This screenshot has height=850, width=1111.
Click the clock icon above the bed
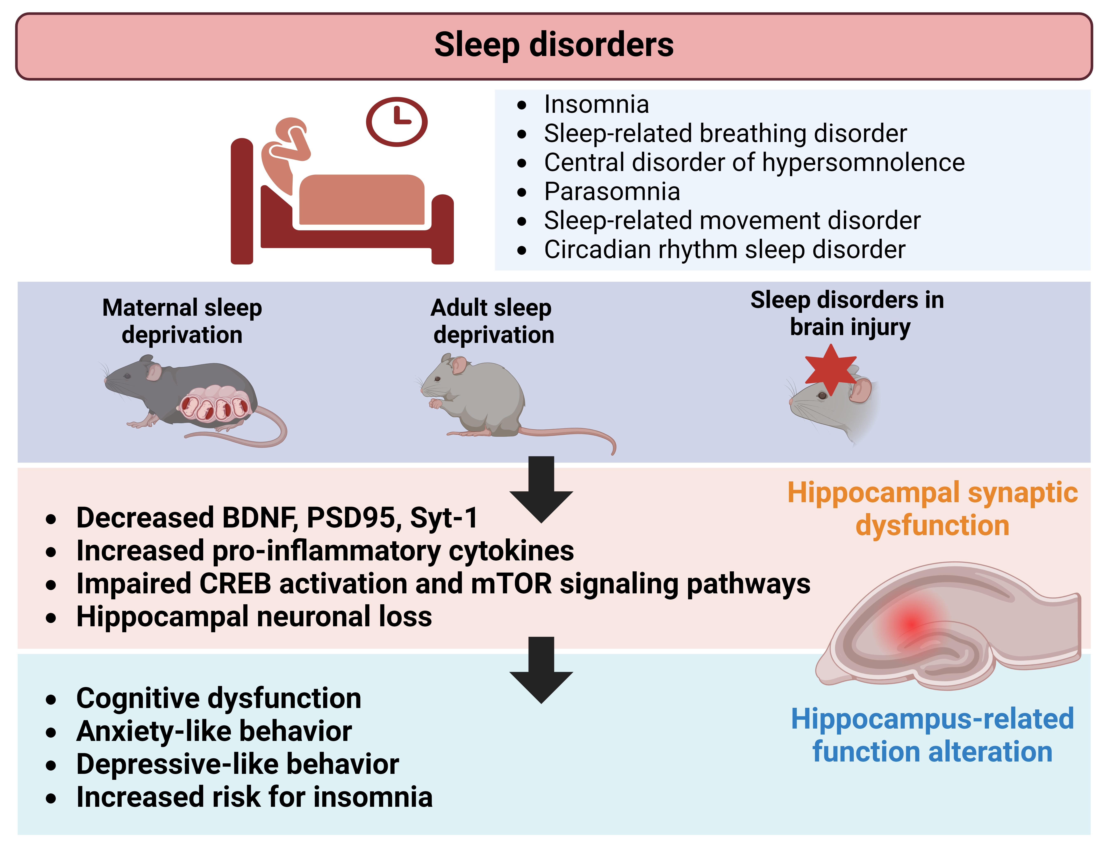point(396,122)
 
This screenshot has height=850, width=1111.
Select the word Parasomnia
point(612,192)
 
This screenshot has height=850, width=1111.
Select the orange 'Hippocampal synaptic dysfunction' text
point(932,509)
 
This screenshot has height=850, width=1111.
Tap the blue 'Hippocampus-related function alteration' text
point(932,735)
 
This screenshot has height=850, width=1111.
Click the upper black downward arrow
point(541,488)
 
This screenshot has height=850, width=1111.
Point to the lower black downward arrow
point(541,669)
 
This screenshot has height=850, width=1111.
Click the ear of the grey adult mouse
point(459,364)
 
